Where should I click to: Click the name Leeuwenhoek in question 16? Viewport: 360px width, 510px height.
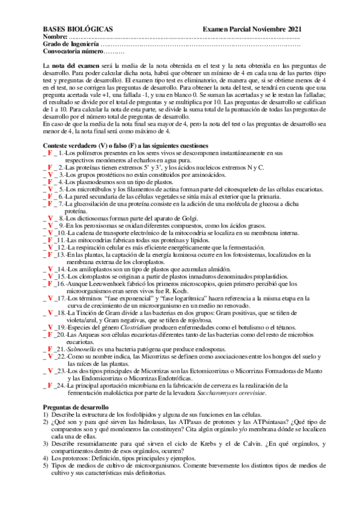(109, 283)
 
